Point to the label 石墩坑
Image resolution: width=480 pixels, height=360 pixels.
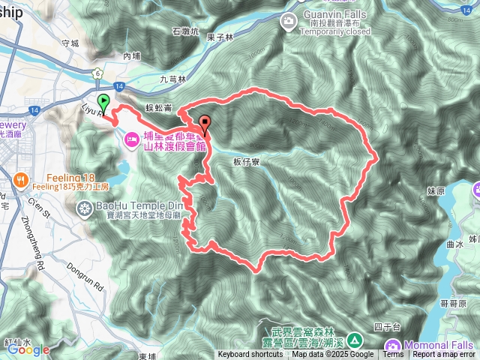(x=185, y=31)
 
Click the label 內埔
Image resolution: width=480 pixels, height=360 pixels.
(x=131, y=55)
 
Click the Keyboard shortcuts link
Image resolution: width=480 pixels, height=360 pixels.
(x=251, y=355)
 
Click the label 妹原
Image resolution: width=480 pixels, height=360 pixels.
(x=436, y=191)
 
